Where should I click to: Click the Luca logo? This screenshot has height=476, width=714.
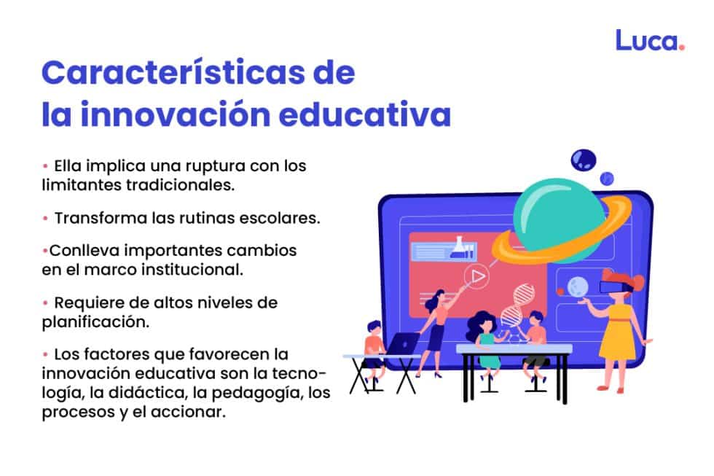click(650, 40)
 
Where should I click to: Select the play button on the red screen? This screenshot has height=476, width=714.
click(476, 276)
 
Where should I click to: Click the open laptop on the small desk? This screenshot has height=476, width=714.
click(402, 343)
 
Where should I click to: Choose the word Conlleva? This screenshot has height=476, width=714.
click(79, 251)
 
